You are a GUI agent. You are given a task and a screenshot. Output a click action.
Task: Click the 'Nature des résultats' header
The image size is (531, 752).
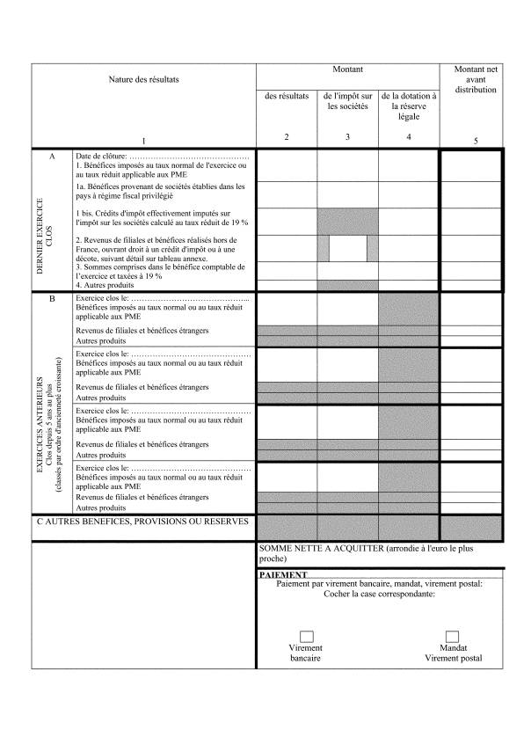[143, 80]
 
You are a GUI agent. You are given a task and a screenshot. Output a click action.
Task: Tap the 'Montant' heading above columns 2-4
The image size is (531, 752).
[348, 69]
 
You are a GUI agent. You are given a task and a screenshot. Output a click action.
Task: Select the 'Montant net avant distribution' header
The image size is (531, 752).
[476, 79]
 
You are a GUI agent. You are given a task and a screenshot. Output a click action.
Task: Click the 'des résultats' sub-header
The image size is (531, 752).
[287, 97]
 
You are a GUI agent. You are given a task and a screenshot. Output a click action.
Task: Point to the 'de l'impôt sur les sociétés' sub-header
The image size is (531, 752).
[348, 102]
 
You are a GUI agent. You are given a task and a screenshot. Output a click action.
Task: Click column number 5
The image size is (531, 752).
[476, 141]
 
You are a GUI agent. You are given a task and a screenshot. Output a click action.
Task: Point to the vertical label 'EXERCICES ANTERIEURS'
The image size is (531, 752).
[40, 427]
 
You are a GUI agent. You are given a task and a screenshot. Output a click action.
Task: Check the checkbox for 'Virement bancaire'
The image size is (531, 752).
[307, 636]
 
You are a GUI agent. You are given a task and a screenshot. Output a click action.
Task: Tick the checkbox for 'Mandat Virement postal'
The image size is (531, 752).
[453, 636]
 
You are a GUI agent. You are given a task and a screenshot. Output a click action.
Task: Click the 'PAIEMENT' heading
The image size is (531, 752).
[282, 574]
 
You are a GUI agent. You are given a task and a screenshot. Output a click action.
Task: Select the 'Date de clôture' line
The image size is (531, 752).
[163, 156]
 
